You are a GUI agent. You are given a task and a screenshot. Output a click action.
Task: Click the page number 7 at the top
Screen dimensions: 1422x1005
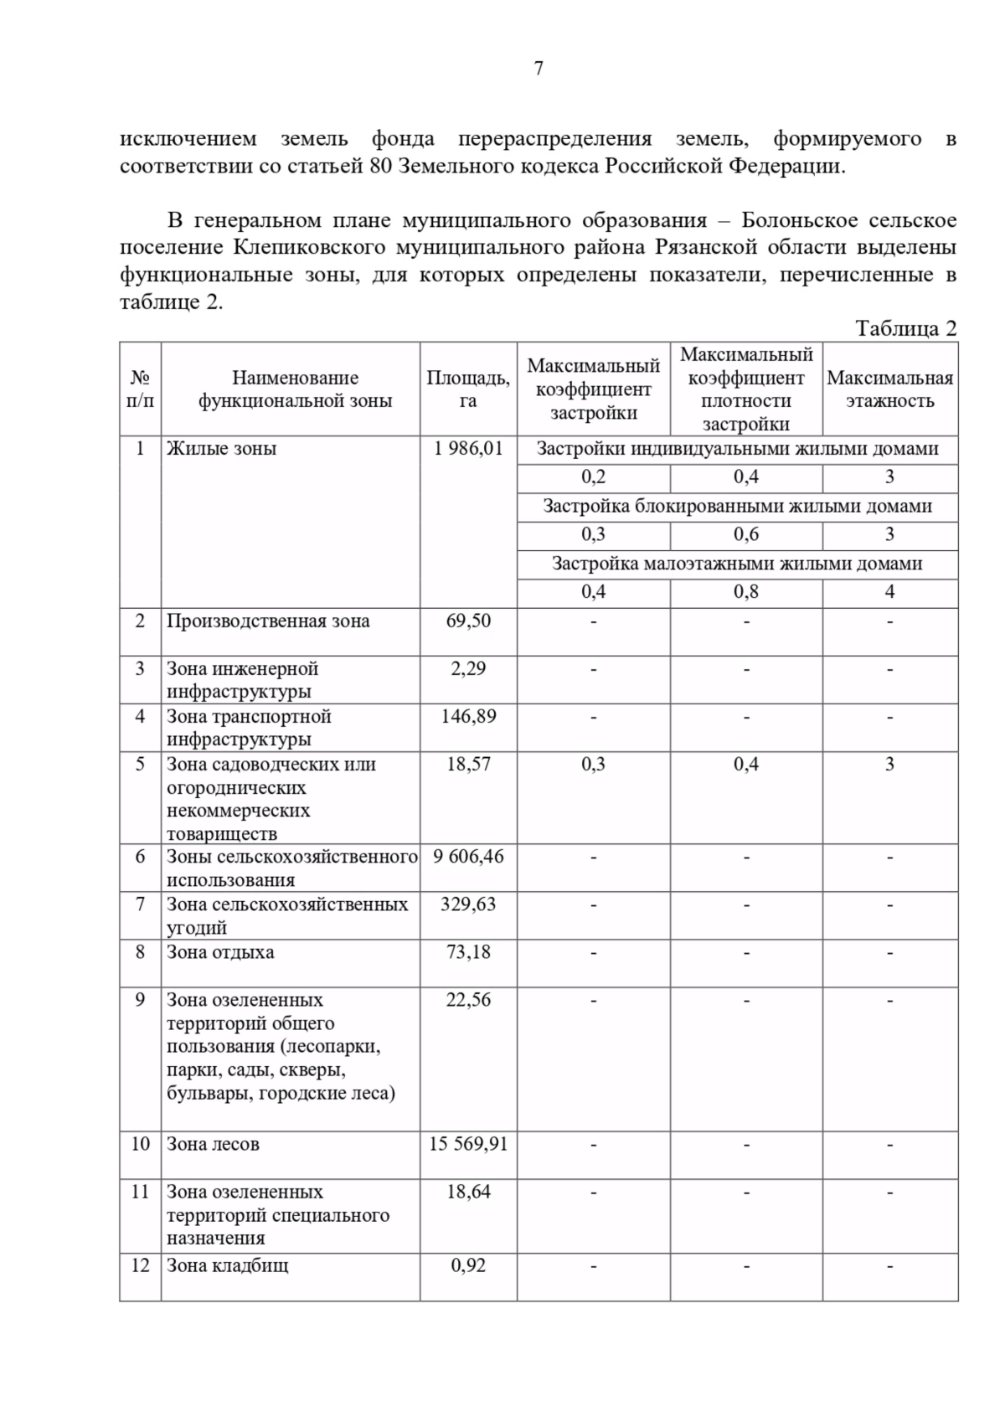pyautogui.click(x=539, y=69)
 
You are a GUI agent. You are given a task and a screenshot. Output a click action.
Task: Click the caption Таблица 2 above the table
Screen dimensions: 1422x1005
pyautogui.click(x=905, y=328)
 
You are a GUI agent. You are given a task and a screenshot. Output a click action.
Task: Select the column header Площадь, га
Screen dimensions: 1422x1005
pyautogui.click(x=468, y=389)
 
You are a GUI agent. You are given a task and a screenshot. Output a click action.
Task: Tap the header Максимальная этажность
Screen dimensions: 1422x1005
pyautogui.click(x=889, y=389)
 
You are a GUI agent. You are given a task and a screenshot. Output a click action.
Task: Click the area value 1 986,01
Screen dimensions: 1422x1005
pyautogui.click(x=468, y=448)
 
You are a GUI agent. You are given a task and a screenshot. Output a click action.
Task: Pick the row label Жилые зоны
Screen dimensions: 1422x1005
pyautogui.click(x=221, y=448)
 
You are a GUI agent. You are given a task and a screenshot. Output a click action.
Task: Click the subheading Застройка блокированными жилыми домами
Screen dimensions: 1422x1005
pyautogui.click(x=737, y=506)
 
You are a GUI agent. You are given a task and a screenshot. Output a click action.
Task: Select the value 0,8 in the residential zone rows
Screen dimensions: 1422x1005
pyautogui.click(x=745, y=592)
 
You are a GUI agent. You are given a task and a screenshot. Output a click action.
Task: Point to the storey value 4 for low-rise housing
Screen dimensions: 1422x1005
pyautogui.click(x=889, y=592)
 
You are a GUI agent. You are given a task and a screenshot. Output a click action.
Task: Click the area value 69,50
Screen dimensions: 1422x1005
pyautogui.click(x=468, y=621)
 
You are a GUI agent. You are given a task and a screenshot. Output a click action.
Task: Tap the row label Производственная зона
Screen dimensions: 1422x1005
pyautogui.click(x=268, y=621)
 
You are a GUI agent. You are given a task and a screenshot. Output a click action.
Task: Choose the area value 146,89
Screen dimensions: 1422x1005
pyautogui.click(x=468, y=717)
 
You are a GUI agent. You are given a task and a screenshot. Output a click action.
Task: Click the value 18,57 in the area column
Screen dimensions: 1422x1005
pyautogui.click(x=468, y=765)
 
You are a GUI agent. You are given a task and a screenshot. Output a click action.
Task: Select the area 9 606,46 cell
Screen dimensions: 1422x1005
pyautogui.click(x=468, y=857)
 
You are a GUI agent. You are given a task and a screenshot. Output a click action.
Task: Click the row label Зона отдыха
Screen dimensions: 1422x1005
pyautogui.click(x=220, y=952)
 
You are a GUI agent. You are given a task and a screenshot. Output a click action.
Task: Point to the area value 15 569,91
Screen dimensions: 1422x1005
pyautogui.click(x=468, y=1144)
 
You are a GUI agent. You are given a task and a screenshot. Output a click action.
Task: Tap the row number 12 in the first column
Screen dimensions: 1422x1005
pyautogui.click(x=140, y=1265)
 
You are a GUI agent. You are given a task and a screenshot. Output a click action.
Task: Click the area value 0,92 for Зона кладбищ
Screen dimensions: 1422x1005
pyautogui.click(x=468, y=1265)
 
